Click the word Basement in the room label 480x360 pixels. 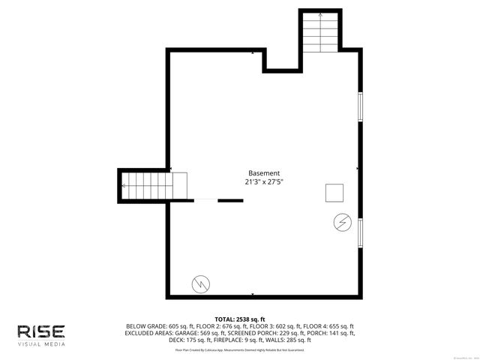pyautogui.click(x=264, y=172)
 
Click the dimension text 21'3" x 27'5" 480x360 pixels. pyautogui.click(x=264, y=182)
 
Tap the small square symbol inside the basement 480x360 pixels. pyautogui.click(x=334, y=193)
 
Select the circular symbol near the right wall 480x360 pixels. pyautogui.click(x=341, y=222)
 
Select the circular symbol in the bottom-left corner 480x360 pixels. pyautogui.click(x=201, y=283)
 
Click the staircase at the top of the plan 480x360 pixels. pyautogui.click(x=320, y=34)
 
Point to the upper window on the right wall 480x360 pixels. pyautogui.click(x=360, y=107)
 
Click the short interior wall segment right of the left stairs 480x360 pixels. pyautogui.click(x=230, y=200)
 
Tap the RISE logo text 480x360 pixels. pyautogui.click(x=41, y=331)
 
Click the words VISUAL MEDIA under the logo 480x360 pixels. pyautogui.click(x=41, y=344)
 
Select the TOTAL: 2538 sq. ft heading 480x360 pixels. pyautogui.click(x=240, y=319)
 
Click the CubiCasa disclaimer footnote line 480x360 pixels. pyautogui.click(x=240, y=349)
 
